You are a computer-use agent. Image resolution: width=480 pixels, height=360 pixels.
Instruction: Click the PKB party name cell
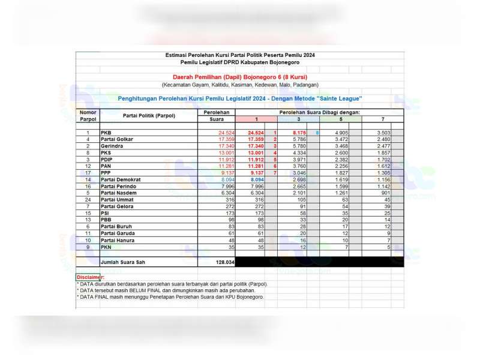[106, 133]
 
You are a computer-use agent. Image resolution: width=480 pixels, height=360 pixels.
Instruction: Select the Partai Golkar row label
[117, 139]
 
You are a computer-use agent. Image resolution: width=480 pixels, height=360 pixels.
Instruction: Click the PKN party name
[106, 246]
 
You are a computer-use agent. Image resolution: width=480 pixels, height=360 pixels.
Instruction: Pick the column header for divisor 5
[340, 119]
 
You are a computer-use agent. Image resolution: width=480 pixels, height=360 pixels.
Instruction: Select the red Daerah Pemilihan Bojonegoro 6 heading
[240, 77]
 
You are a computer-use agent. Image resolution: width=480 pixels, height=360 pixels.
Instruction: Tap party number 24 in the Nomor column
[88, 199]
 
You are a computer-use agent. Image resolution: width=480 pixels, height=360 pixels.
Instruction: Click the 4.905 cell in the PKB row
[339, 133]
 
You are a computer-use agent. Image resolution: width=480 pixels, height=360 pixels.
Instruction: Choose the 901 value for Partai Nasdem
[382, 193]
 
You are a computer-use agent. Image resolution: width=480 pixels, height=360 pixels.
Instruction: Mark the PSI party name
[105, 212]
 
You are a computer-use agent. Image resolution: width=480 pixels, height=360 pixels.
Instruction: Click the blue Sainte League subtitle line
[240, 98]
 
